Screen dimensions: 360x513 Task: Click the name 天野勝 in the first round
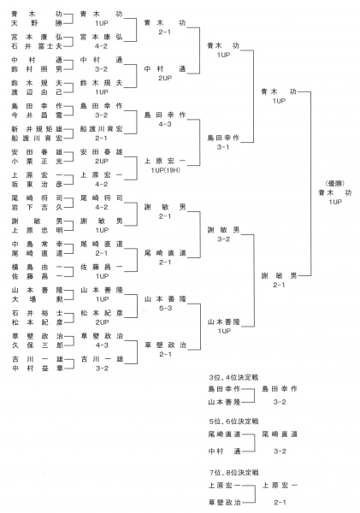[x=37, y=23]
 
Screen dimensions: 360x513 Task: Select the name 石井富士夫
[x=37, y=46]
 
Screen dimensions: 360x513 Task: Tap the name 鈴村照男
[x=37, y=69]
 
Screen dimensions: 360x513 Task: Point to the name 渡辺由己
[x=37, y=92]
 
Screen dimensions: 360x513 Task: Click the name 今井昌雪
[x=37, y=115]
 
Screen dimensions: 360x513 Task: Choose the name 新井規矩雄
[x=37, y=129]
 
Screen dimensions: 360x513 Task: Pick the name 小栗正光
[x=37, y=161]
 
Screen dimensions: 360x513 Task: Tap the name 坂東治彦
[x=37, y=184]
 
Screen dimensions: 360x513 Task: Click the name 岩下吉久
[x=37, y=207]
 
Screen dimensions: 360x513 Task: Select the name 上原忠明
[x=37, y=230]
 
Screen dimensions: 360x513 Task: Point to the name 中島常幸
[x=37, y=244]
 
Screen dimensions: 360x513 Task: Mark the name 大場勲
[x=37, y=299]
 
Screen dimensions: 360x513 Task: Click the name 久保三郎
[x=37, y=345]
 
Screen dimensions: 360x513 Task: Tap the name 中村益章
[x=37, y=368]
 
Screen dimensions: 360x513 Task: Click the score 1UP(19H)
[x=165, y=170]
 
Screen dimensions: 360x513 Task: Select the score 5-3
[x=165, y=308]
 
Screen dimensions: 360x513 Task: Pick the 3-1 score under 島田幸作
[x=223, y=147]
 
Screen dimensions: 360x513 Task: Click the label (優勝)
[x=335, y=184]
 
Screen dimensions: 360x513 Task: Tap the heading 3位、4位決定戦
[x=233, y=377]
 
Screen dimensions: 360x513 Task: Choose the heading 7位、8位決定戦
[x=233, y=473]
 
